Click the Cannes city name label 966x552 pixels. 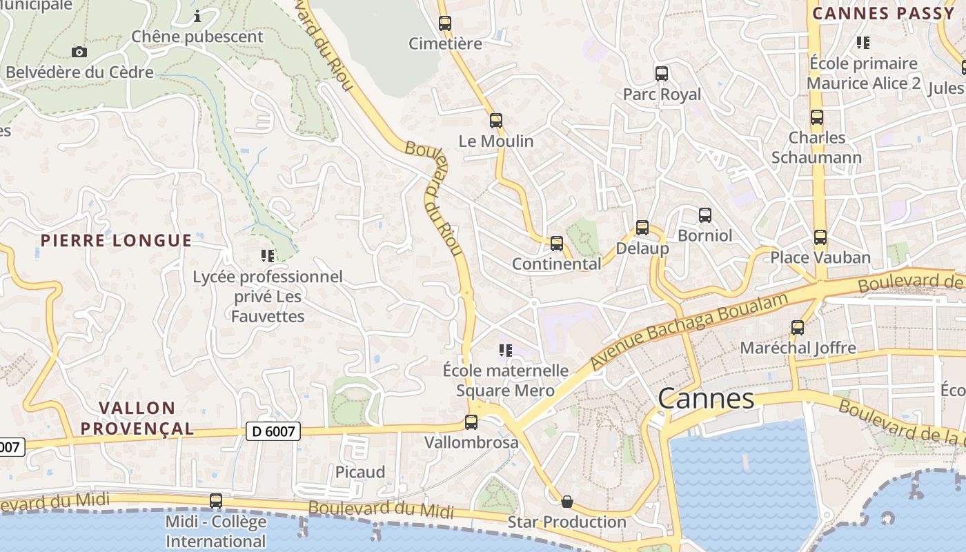tap(706, 399)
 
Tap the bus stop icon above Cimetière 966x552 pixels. tap(445, 23)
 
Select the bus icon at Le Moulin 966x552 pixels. tap(496, 121)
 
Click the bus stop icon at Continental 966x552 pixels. tap(557, 244)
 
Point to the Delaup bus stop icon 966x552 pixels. tap(642, 228)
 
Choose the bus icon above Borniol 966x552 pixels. tap(704, 215)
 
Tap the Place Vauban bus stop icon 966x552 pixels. tap(820, 237)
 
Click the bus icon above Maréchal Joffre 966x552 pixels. tap(798, 328)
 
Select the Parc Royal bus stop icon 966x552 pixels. tap(662, 74)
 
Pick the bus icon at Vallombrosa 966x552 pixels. tap(471, 422)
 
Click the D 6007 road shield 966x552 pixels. tap(273, 432)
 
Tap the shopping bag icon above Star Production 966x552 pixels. tap(567, 502)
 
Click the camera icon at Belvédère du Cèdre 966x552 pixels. tap(79, 52)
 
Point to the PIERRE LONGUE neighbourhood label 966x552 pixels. tap(116, 241)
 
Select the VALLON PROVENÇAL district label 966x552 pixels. tap(137, 418)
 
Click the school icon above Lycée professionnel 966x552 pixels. tap(268, 257)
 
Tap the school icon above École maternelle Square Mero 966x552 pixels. tap(506, 351)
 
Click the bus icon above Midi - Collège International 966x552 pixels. tap(216, 501)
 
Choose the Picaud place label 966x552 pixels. tap(360, 473)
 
